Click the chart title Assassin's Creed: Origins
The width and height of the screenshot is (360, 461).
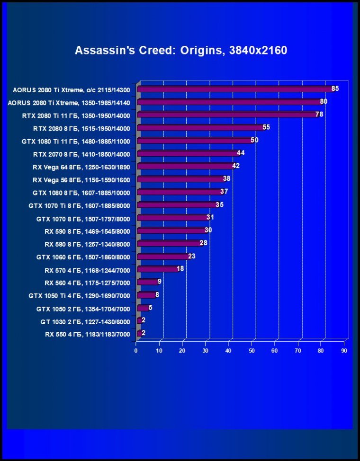click(180, 51)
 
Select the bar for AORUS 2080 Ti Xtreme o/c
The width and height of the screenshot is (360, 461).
click(234, 89)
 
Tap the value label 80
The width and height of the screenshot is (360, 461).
click(324, 101)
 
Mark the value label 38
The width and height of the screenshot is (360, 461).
click(226, 179)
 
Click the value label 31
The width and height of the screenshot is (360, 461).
click(210, 218)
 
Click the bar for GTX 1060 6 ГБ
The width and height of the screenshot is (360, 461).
click(163, 257)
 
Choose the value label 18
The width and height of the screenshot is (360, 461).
click(180, 268)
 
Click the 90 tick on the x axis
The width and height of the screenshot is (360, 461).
click(344, 351)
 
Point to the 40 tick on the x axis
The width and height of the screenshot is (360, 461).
click(228, 351)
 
